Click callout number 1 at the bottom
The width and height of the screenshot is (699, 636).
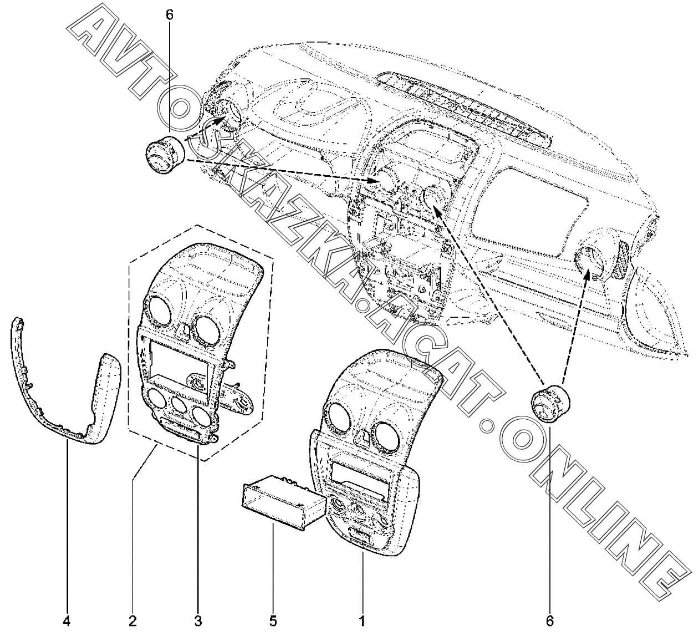361,620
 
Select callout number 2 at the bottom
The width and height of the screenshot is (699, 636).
132,620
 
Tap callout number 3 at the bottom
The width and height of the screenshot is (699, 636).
198,620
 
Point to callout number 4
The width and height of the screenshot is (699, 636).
67,620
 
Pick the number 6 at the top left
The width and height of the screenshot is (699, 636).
170,15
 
